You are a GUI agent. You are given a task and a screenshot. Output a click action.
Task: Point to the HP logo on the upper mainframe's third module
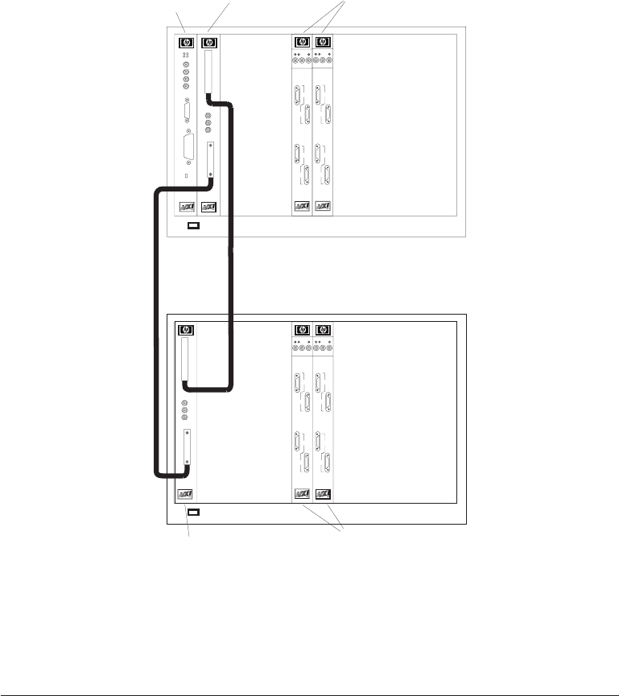click(x=303, y=42)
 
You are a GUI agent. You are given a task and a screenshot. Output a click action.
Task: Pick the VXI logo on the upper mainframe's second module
click(x=208, y=207)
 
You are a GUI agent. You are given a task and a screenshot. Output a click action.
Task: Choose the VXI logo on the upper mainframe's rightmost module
click(x=324, y=207)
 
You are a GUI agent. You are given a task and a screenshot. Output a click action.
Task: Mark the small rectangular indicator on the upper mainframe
click(x=192, y=226)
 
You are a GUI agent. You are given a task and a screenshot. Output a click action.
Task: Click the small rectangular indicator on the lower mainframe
click(x=192, y=512)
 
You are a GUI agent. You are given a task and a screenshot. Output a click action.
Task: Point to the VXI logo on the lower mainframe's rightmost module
click(x=324, y=493)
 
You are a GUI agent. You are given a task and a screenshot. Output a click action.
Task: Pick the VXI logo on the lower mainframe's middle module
click(x=303, y=493)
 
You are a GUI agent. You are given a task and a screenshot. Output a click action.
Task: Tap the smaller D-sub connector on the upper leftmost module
click(x=187, y=111)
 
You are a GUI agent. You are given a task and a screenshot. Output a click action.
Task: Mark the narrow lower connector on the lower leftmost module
click(x=187, y=448)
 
